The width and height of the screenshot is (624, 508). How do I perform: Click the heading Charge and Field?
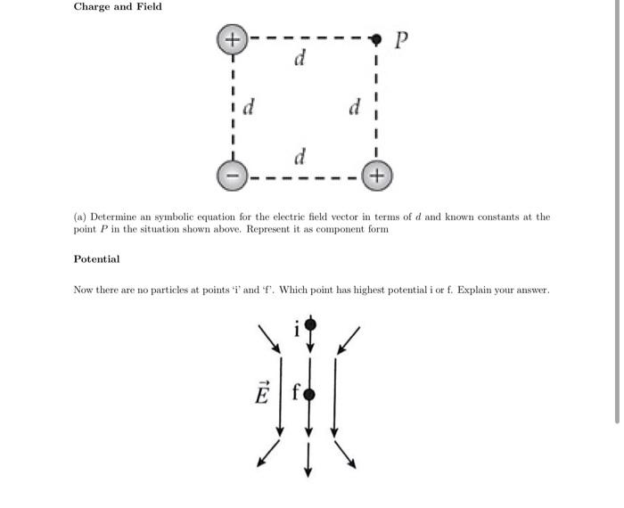[118, 7]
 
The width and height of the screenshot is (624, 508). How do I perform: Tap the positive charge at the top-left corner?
[232, 39]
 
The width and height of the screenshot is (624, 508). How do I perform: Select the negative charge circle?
[232, 176]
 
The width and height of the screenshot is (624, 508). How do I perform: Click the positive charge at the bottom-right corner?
[376, 176]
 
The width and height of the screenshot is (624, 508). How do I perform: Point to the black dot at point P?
[376, 39]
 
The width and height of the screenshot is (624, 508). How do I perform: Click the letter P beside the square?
[402, 40]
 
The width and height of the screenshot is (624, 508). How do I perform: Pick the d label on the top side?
[300, 60]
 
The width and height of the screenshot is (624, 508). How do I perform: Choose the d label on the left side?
[250, 108]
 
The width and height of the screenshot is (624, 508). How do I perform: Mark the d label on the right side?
[355, 108]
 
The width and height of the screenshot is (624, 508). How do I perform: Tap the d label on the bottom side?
[300, 157]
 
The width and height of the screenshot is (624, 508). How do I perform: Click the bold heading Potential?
[96, 259]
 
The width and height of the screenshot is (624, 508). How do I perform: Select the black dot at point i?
[309, 324]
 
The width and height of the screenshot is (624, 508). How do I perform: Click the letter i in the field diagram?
[297, 330]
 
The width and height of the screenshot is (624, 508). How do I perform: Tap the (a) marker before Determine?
[79, 217]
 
